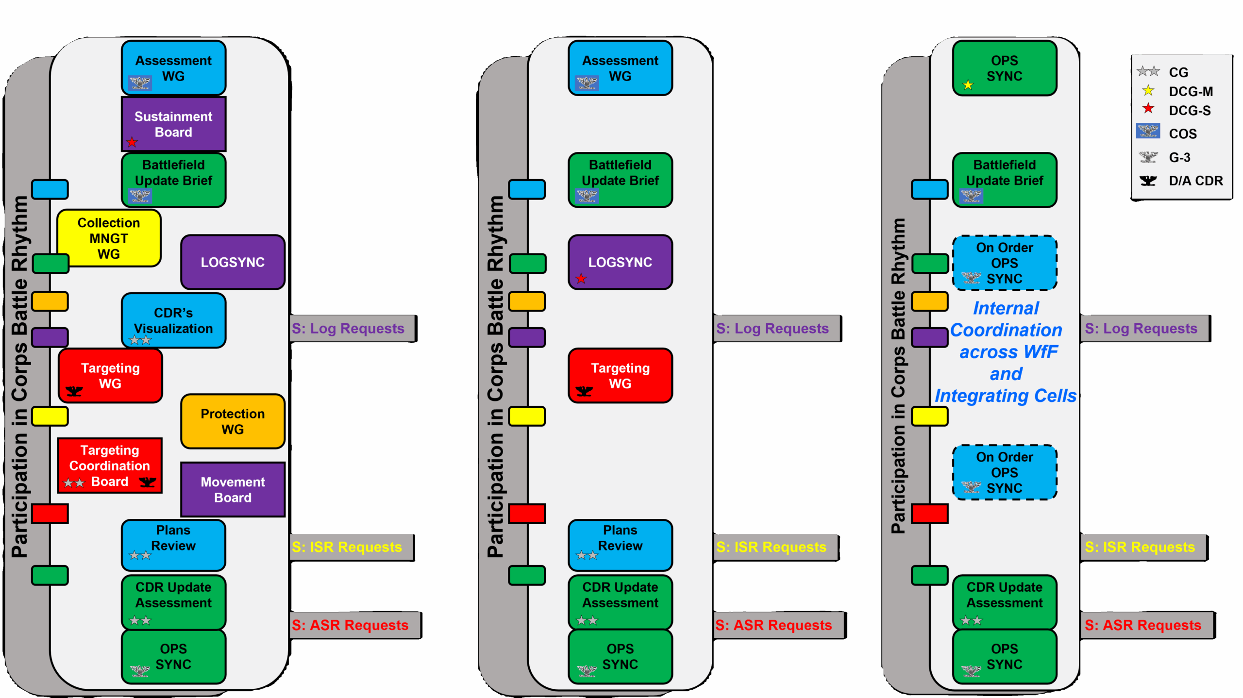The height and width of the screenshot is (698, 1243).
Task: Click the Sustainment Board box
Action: point(173,124)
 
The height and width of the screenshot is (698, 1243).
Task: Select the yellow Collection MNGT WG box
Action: point(109,238)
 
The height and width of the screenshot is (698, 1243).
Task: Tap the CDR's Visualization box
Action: point(173,320)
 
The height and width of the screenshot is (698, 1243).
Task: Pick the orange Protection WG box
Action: point(233,421)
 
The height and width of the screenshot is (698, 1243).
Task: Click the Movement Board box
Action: point(233,489)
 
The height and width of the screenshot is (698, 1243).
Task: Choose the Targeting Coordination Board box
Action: point(110,465)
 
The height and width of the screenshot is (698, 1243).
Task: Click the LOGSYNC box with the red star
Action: point(620,262)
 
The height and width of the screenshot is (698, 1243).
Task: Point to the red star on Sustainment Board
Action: point(132,142)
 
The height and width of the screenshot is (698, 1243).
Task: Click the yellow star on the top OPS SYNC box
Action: point(968,85)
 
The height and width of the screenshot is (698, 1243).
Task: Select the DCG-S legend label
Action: point(1190,111)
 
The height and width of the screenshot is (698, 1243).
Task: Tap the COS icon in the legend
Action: point(1148,131)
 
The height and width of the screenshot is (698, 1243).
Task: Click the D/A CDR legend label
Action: point(1195,181)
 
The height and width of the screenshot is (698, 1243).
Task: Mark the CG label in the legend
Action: point(1178,72)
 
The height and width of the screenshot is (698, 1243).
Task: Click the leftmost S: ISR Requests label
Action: point(347,547)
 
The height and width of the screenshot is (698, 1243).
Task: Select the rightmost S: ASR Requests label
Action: point(1143,625)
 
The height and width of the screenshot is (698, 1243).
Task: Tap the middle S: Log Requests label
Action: point(772,329)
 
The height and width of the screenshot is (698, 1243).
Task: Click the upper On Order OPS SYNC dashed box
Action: point(1004,263)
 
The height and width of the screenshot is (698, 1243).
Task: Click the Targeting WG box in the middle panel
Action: point(620,375)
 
